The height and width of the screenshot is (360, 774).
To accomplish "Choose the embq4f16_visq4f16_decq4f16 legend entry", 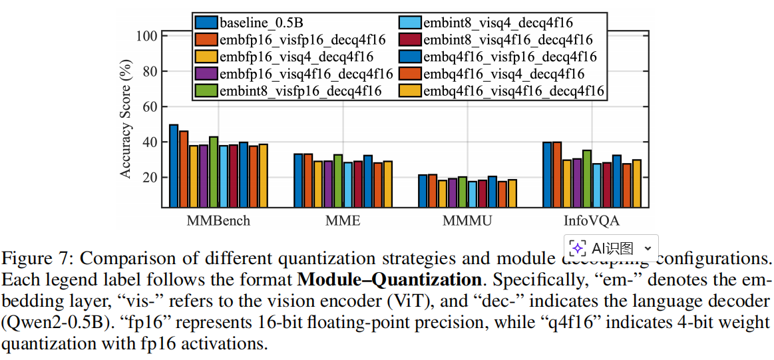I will click(513, 90).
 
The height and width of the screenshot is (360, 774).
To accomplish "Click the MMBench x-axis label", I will click(218, 220).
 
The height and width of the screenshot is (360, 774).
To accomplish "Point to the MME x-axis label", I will click(343, 220).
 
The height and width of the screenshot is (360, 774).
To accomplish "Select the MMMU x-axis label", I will click(467, 220).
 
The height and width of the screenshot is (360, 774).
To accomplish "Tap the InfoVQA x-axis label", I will click(592, 220).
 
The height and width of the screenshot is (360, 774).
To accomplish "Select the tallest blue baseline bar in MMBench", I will click(174, 166).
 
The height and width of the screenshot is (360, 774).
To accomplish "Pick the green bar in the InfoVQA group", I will click(586, 179).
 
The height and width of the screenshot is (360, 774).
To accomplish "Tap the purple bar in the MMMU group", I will click(453, 193).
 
